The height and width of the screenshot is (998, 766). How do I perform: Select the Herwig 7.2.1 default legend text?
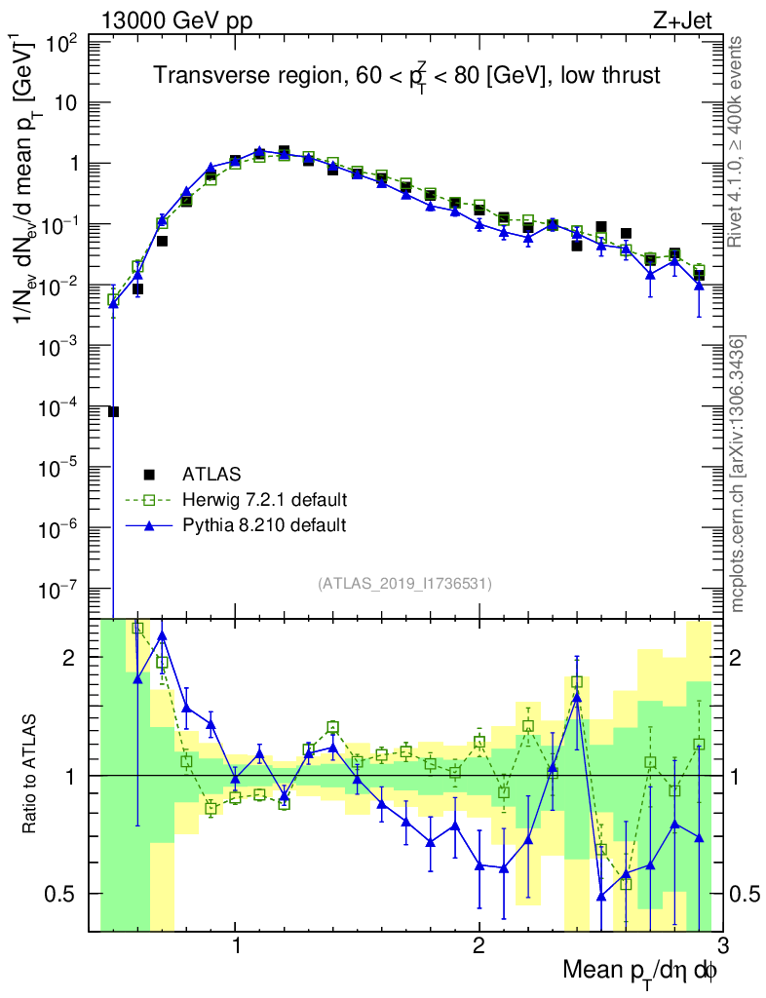265,500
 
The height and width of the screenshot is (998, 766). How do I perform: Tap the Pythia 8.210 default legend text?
264,525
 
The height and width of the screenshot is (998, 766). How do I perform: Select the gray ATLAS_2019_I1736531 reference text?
404,584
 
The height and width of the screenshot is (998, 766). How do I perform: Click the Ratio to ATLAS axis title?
31,775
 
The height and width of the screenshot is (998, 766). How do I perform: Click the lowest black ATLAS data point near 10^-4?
113,411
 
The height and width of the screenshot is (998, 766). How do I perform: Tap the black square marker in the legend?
149,475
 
